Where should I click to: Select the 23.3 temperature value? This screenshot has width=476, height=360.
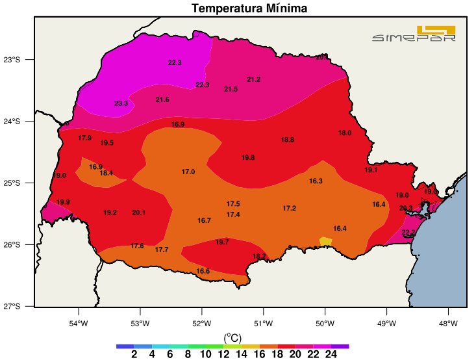(121, 103)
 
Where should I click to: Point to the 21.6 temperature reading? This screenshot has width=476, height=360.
(162, 99)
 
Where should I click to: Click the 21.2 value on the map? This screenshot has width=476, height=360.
(253, 79)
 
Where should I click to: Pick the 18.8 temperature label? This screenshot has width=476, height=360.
(287, 140)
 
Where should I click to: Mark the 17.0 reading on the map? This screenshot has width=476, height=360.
(188, 172)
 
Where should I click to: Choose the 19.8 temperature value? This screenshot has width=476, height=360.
(248, 158)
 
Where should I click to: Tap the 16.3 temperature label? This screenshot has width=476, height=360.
(316, 181)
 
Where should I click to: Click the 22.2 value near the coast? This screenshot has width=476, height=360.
(408, 232)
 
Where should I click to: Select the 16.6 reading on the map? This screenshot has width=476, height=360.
(203, 271)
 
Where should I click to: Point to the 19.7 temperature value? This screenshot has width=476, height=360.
(222, 242)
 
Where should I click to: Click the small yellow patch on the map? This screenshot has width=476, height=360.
(325, 241)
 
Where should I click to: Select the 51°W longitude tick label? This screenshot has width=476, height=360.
(263, 323)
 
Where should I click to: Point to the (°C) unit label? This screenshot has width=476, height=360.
(232, 337)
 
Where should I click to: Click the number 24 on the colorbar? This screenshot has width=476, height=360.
(331, 354)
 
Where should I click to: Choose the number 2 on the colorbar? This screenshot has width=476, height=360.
(134, 354)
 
